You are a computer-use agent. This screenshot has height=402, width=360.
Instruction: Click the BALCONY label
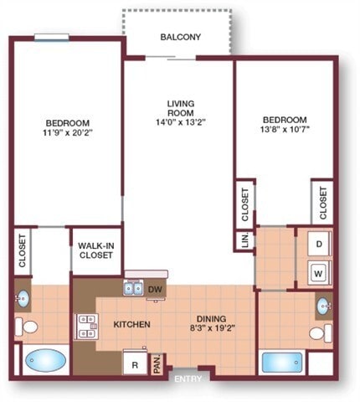pyautogui.click(x=181, y=37)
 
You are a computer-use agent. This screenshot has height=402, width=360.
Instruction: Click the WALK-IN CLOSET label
pyautogui.click(x=96, y=250)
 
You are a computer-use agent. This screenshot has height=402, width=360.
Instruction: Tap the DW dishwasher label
pyautogui.click(x=154, y=290)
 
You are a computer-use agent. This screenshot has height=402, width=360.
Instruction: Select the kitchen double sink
pyautogui.click(x=133, y=290)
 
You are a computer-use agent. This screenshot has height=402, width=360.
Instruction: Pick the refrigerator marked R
pyautogui.click(x=134, y=363)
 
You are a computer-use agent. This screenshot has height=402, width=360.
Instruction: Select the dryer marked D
pyautogui.click(x=319, y=245)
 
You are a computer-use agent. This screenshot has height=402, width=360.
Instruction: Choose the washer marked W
pyautogui.click(x=319, y=272)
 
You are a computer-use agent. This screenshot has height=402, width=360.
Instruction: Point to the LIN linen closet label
pyautogui.click(x=244, y=241)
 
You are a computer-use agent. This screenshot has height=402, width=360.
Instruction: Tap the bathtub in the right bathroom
pyautogui.click(x=280, y=362)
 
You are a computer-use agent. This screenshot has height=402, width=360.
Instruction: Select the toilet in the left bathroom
pyautogui.click(x=28, y=327)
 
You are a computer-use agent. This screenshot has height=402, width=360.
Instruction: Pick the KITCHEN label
pyautogui.click(x=131, y=324)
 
